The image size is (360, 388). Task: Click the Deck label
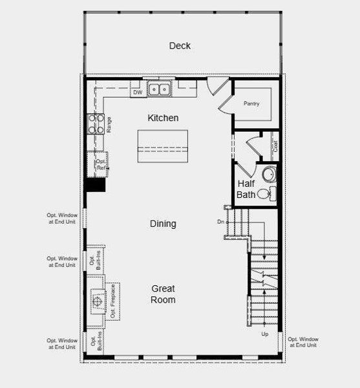180,46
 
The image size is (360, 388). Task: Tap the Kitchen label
163,118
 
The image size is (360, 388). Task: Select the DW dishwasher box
137,93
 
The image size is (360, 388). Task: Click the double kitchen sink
158,89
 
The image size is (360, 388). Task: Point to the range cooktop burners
95,124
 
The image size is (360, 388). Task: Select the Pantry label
251,103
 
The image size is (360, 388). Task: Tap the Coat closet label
275,146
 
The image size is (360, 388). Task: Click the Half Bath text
246,189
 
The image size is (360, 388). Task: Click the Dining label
163,224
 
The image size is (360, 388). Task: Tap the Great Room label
163,294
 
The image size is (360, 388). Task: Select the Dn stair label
220,222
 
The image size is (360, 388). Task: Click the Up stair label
264,334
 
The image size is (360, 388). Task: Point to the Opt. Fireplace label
112,301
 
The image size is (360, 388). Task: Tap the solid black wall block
96,185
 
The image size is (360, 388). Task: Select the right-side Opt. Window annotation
302,342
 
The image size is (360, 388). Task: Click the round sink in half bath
270,174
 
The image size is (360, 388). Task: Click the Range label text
109,125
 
